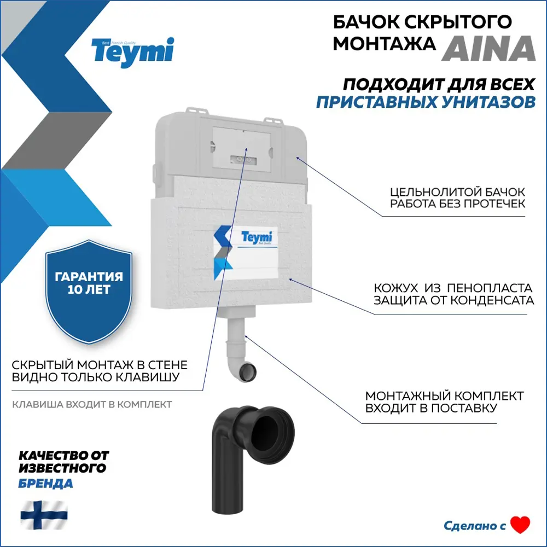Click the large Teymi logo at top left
pos(133,53)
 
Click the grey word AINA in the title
pos(488,48)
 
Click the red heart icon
pos(520,525)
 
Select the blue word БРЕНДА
pos(45,484)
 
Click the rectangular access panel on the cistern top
pos(241,144)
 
